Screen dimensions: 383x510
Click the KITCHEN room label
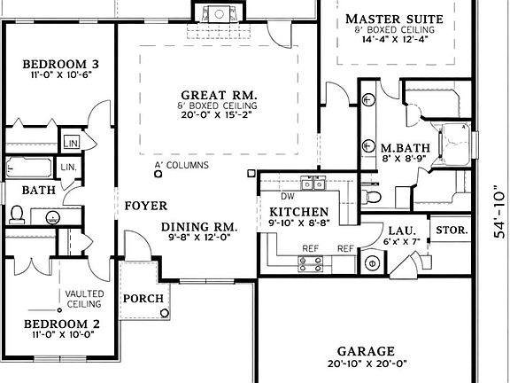[299, 213]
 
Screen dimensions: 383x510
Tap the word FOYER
[145, 206]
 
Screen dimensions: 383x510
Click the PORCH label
[143, 299]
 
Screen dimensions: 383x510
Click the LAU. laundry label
[394, 230]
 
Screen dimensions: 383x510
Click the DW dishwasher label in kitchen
[287, 196]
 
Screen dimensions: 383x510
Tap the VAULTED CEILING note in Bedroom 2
[83, 299]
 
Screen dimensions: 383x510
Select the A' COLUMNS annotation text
[182, 166]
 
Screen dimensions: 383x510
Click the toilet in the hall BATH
[18, 215]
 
